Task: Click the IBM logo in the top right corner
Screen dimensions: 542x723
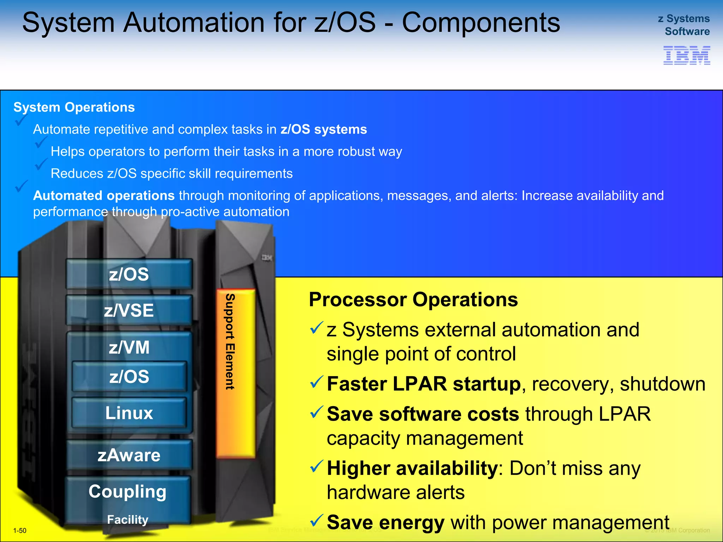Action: coord(687,55)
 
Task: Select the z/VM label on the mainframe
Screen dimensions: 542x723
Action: coord(129,347)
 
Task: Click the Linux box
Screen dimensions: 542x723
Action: coord(129,413)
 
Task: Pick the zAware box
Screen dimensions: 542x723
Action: coord(129,455)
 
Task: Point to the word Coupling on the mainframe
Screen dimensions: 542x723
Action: coord(127,492)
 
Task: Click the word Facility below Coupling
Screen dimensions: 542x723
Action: coord(127,519)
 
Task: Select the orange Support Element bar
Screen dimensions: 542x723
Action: coord(235,373)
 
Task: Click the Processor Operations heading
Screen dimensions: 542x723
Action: coord(413,300)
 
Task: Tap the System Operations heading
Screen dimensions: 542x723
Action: coord(74,107)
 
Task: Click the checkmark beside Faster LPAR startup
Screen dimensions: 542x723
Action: coord(316,382)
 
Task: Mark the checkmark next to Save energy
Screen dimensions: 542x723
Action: coord(316,520)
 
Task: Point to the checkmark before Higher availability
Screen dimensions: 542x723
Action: coord(316,466)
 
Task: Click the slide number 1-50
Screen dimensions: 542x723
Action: coord(20,530)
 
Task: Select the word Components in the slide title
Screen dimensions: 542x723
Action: coord(481,23)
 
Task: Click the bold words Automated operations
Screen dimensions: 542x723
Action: coord(104,195)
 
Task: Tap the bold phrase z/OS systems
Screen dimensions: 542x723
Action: coord(324,130)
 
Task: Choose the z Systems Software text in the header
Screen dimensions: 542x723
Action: coord(684,25)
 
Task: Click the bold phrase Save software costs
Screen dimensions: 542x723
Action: coord(423,414)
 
